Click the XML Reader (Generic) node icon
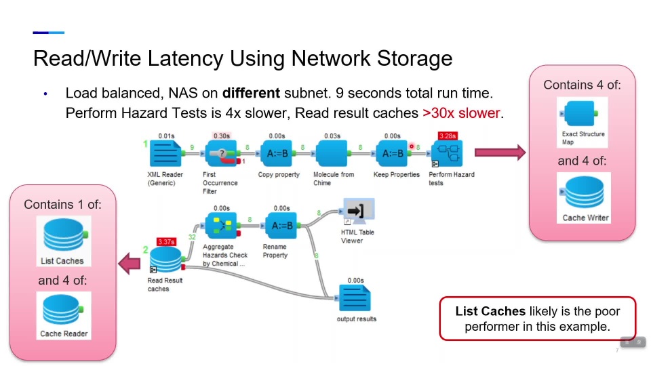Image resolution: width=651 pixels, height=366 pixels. pos(165,154)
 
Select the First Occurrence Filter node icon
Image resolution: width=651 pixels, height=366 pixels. pos(221,154)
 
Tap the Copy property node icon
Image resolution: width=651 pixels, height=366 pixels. pos(277,154)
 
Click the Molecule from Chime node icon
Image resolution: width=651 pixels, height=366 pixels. pos(332,154)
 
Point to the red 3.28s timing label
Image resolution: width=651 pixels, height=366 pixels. pos(448,136)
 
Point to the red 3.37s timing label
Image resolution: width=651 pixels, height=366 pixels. pos(166,241)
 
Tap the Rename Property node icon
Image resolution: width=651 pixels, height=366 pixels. pos(281,226)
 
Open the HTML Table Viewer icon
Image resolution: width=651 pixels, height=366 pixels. pos(359,211)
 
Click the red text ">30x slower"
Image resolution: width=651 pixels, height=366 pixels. pos(461,113)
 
